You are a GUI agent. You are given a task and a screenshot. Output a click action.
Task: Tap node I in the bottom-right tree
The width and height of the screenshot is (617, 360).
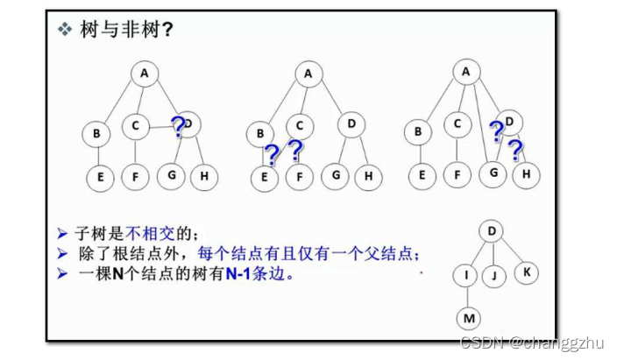pos(466,275)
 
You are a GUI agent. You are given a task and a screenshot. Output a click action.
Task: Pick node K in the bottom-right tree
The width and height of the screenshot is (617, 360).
pos(526,271)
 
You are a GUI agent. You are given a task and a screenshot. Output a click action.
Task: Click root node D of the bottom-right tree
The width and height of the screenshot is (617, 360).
pos(492,231)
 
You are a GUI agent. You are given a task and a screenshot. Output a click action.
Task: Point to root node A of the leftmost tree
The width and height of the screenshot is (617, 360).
pos(144,74)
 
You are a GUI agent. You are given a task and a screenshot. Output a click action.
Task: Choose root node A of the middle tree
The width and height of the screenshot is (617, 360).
pos(308,74)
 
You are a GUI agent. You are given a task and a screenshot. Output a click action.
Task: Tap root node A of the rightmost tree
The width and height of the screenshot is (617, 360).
pos(466,72)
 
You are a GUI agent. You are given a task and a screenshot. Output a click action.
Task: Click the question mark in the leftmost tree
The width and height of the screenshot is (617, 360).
pos(179,128)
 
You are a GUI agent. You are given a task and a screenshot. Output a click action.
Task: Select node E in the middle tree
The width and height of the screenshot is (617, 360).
pos(263,176)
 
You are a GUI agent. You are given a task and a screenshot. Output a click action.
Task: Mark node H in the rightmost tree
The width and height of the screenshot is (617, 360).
pos(526,174)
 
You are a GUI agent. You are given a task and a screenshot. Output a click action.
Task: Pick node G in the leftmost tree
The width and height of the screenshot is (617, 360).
pos(172,175)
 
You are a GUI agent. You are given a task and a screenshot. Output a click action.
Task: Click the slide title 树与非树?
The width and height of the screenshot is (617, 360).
pos(124,30)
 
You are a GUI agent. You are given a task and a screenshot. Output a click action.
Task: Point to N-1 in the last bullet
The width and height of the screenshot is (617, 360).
pos(238,273)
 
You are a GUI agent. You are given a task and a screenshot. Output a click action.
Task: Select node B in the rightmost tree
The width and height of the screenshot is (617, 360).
pos(418,131)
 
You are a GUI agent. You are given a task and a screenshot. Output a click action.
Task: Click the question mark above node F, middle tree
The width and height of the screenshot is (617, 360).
pos(295,152)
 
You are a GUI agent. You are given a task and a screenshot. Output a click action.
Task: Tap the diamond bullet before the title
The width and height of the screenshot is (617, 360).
pos(64,30)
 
